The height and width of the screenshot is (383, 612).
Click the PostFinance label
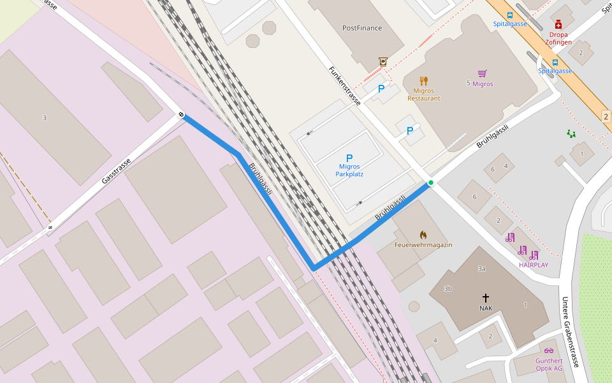[x=361, y=28]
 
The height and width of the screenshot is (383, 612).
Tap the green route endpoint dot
[x=431, y=183]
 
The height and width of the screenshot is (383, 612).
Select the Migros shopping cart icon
[x=482, y=74]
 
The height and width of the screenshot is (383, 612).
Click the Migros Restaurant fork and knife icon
[x=424, y=81]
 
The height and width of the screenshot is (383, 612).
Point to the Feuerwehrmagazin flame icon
[x=423, y=235]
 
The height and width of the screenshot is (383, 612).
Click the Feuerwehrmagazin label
[x=423, y=245]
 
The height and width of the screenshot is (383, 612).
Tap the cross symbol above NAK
[x=486, y=298]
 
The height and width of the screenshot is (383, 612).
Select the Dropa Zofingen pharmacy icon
[x=558, y=24]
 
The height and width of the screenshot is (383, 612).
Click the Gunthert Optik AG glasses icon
[x=549, y=350]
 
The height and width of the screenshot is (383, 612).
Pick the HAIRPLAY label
[x=533, y=265]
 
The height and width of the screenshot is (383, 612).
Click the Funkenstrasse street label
[x=344, y=86]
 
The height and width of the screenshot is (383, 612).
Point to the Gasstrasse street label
[x=116, y=171]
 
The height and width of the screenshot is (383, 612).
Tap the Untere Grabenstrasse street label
[x=570, y=331]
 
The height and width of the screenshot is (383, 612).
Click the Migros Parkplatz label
[x=349, y=170]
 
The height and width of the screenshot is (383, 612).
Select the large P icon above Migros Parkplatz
[x=349, y=158]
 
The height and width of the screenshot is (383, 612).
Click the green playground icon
[x=571, y=134]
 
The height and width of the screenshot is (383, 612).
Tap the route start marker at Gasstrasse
[x=182, y=115]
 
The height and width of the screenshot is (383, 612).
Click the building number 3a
[x=482, y=269]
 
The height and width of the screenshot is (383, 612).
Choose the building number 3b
[x=448, y=289]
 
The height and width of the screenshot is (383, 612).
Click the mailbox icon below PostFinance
[x=382, y=61]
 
